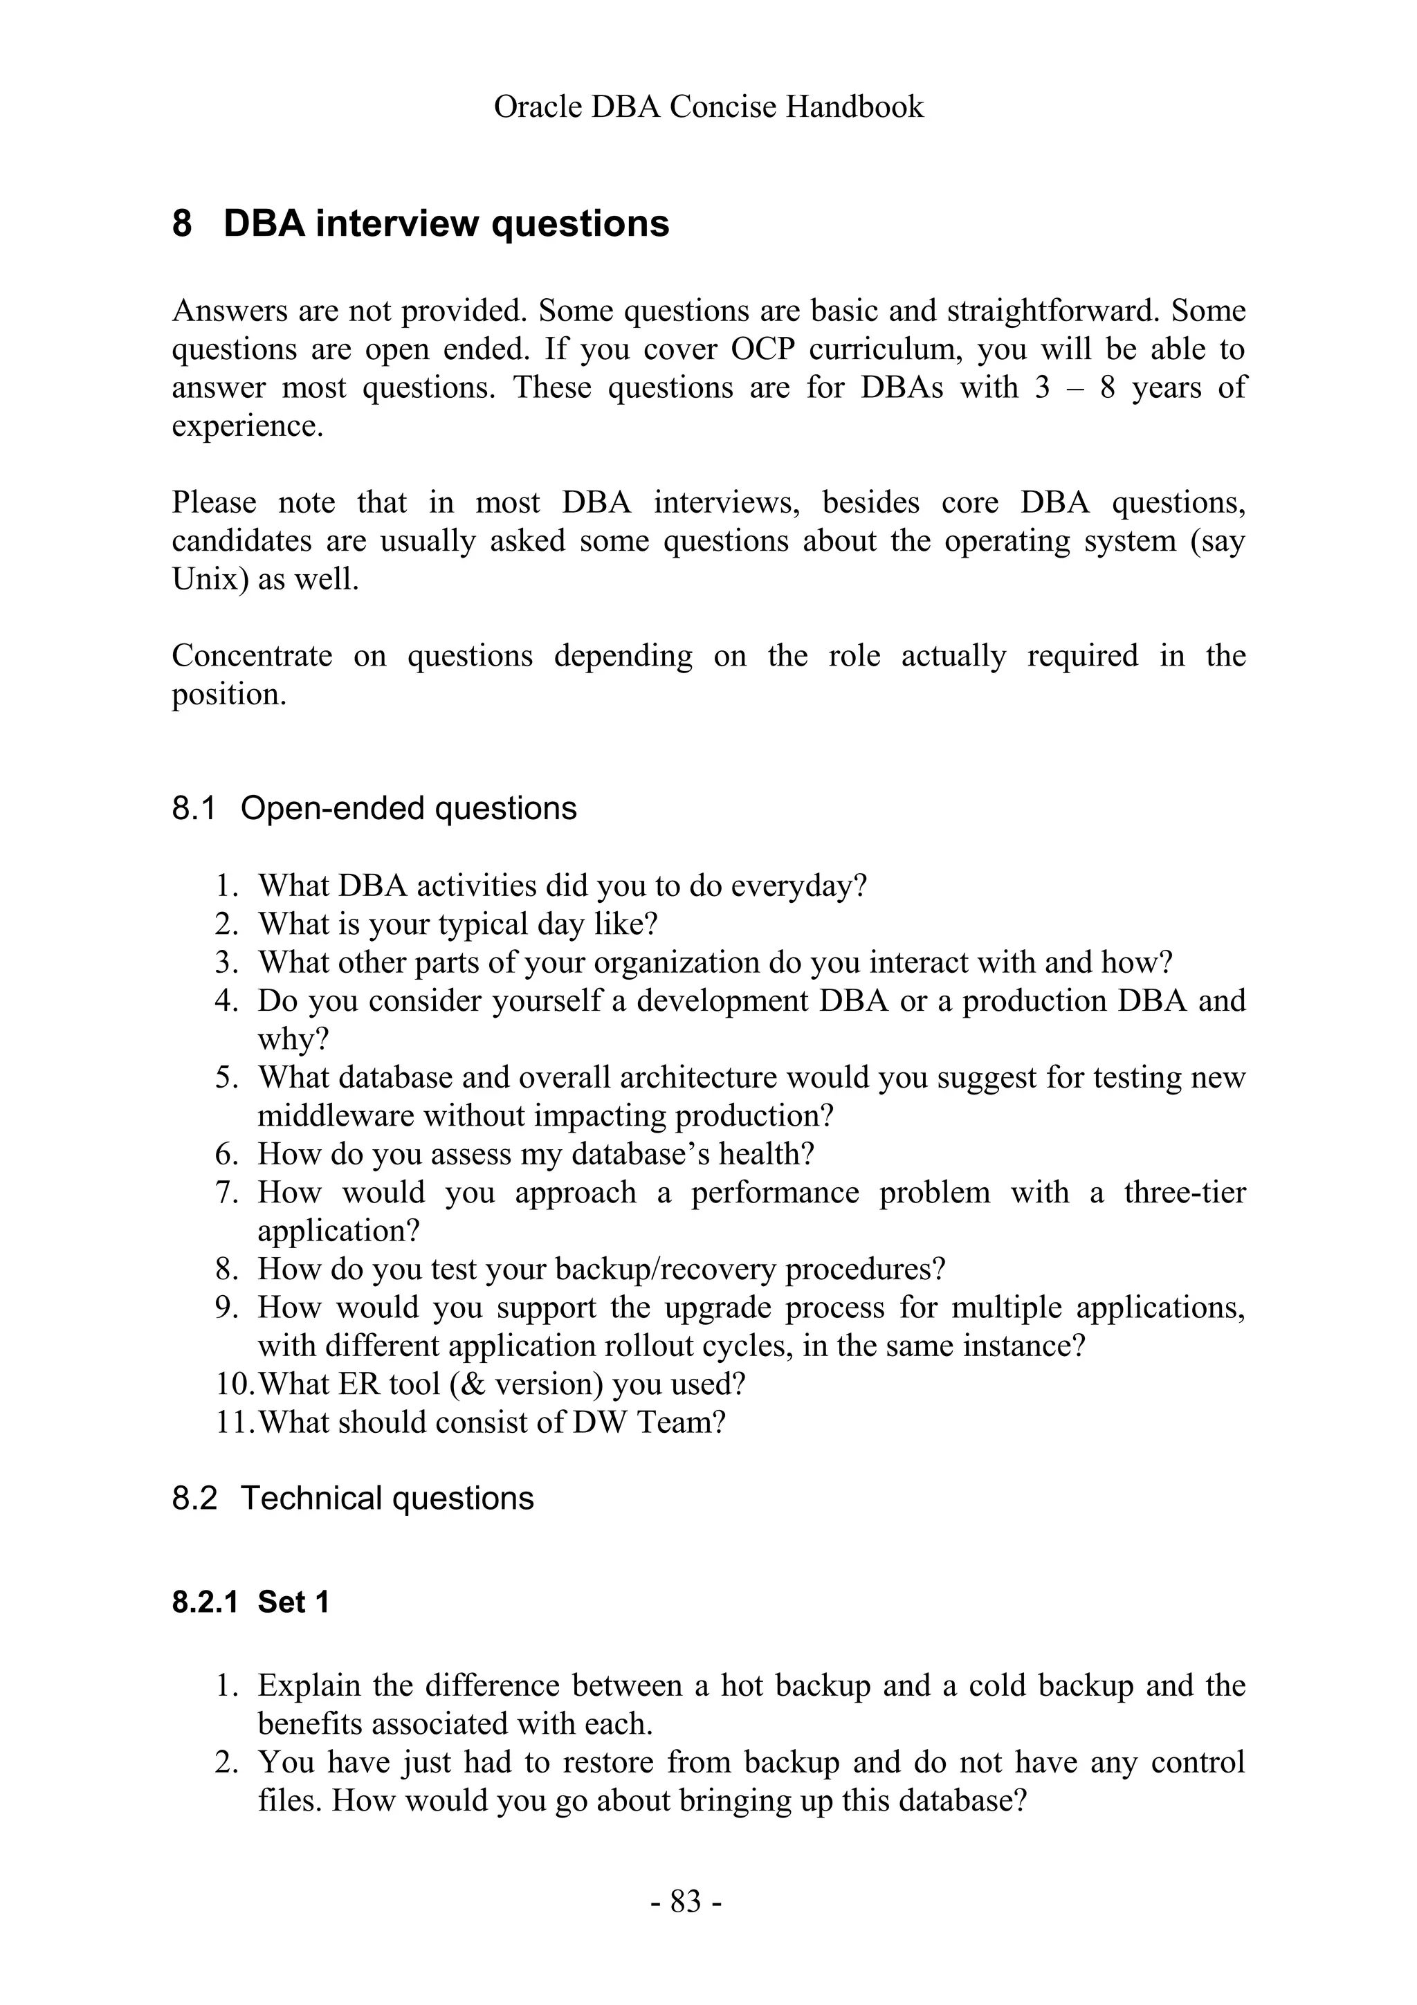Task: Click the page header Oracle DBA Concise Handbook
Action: point(708,107)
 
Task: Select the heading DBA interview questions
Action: point(446,223)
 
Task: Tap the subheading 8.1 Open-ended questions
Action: point(374,809)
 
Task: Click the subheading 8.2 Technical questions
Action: point(353,1499)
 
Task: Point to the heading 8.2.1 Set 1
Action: point(250,1602)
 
